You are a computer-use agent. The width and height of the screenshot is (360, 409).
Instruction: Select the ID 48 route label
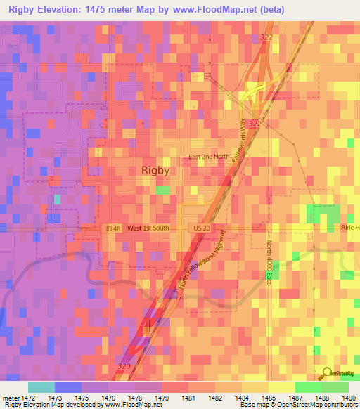coord(112,228)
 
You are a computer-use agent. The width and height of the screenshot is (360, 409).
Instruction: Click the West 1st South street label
coord(148,228)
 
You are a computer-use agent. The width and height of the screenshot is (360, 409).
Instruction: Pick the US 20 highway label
coord(201,228)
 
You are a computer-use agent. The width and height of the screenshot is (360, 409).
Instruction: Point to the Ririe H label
coord(349,228)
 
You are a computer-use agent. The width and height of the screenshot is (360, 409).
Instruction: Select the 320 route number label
coord(124,368)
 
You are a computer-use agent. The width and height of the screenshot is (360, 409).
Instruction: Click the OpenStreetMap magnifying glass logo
coord(326,373)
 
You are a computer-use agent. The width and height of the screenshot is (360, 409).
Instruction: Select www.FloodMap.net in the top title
coord(210,11)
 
